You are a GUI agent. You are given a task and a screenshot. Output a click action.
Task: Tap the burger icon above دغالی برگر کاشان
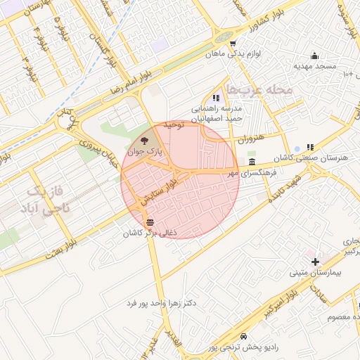pos(149,223)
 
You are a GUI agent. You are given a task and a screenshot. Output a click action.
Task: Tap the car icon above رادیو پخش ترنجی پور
pos(243,336)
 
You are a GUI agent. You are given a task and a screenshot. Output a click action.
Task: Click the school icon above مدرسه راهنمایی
pos(215,98)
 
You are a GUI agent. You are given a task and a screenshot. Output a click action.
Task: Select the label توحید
pos(173,124)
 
